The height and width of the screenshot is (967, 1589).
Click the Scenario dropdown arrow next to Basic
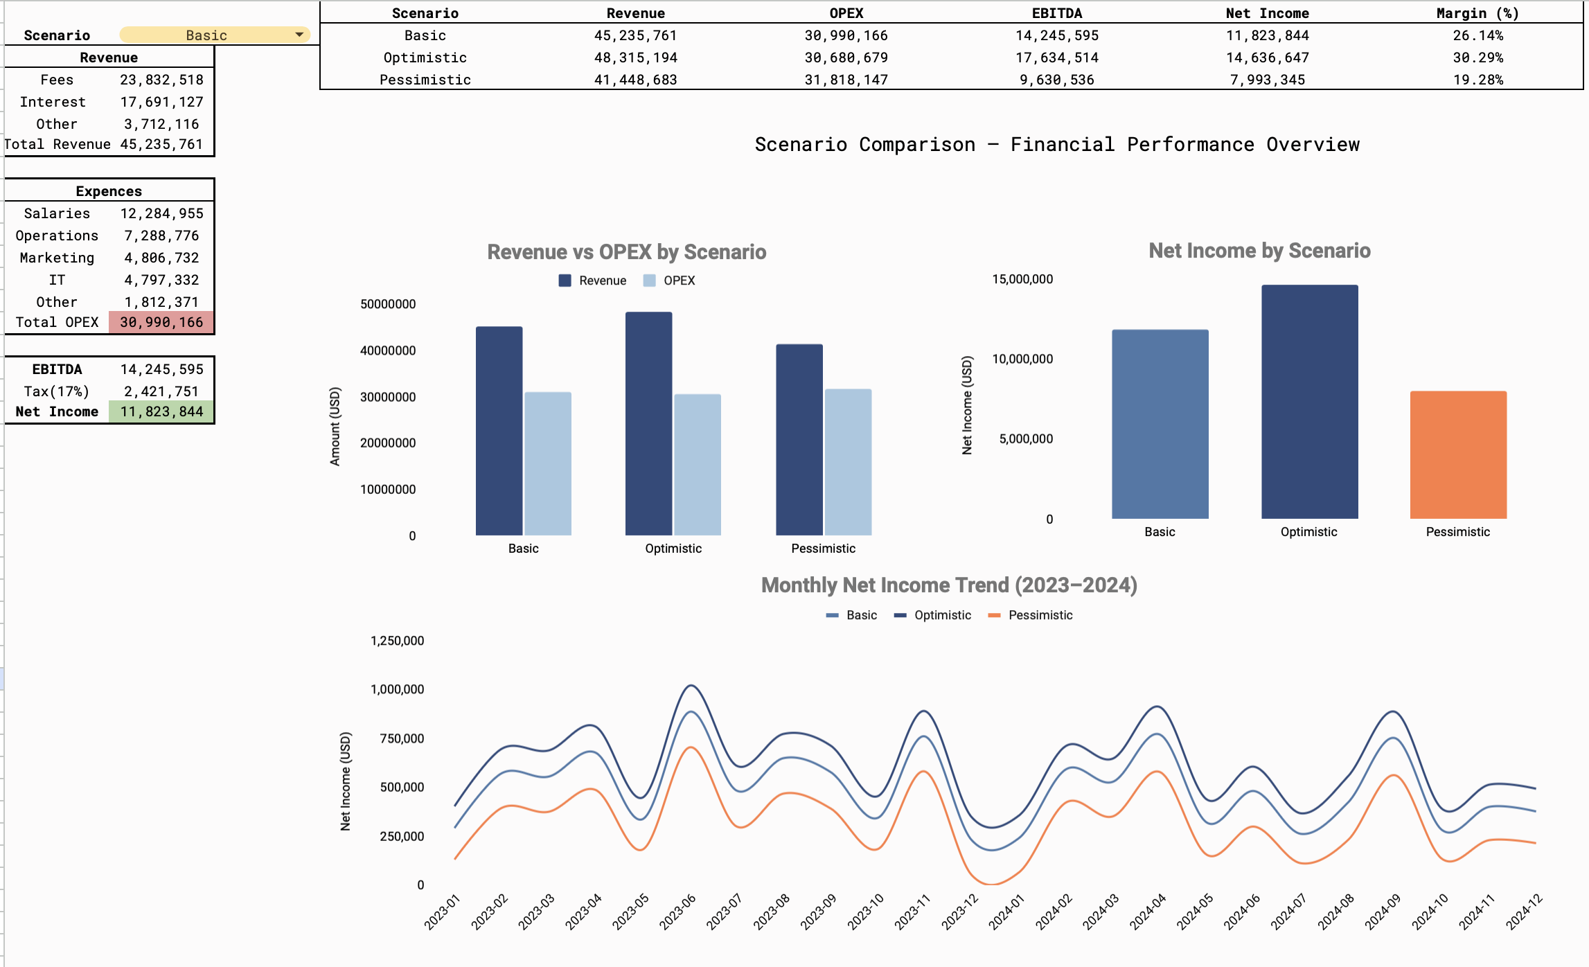(299, 35)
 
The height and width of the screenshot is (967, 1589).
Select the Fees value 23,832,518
(161, 80)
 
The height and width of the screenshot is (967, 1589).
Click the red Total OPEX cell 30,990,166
(161, 322)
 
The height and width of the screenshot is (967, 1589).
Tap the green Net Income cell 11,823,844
(161, 411)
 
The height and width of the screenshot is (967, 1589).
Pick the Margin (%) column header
(1477, 13)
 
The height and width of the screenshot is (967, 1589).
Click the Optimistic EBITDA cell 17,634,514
(1056, 57)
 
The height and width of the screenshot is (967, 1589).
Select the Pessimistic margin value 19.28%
(1477, 80)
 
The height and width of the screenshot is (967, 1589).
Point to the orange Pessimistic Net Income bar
(1458, 454)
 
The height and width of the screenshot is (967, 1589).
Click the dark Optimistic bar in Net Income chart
(1309, 402)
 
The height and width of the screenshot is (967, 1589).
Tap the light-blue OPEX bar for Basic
(548, 463)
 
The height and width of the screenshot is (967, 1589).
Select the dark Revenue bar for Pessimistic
(799, 439)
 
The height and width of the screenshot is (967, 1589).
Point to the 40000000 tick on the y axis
(388, 351)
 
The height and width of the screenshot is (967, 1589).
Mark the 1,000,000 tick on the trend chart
(397, 689)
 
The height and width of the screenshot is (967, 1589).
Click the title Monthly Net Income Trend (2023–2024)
(948, 585)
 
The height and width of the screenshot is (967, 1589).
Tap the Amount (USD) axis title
(335, 426)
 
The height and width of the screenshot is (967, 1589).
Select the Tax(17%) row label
(57, 391)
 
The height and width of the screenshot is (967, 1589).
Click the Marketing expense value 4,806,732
(161, 258)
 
